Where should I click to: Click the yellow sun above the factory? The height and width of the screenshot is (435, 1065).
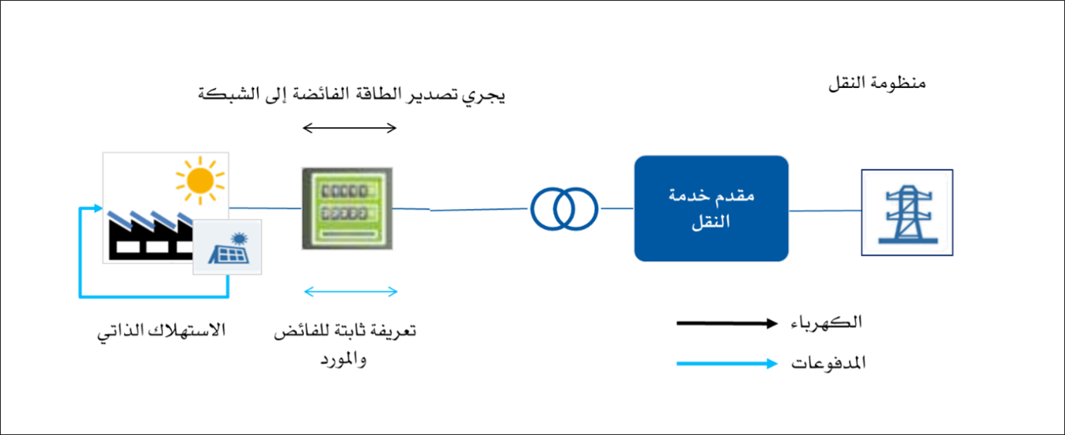(200, 180)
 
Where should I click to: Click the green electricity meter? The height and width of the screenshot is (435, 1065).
(347, 208)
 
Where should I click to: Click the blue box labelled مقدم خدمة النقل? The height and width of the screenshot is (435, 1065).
(712, 208)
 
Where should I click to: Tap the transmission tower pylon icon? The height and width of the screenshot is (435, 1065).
(907, 214)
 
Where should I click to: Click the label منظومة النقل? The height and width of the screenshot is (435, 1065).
(877, 83)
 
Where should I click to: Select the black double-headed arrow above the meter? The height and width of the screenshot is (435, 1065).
(350, 127)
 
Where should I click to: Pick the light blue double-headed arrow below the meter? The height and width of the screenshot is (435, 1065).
(350, 292)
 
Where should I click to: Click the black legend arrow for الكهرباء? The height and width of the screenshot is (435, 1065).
(727, 323)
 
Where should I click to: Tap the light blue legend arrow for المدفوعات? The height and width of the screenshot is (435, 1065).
(727, 364)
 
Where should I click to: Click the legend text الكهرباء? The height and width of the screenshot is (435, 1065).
(827, 323)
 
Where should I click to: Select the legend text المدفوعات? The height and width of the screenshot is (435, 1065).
(828, 363)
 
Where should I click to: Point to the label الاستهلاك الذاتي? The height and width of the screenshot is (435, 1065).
(161, 330)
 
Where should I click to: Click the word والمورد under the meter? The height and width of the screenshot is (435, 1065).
(343, 359)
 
